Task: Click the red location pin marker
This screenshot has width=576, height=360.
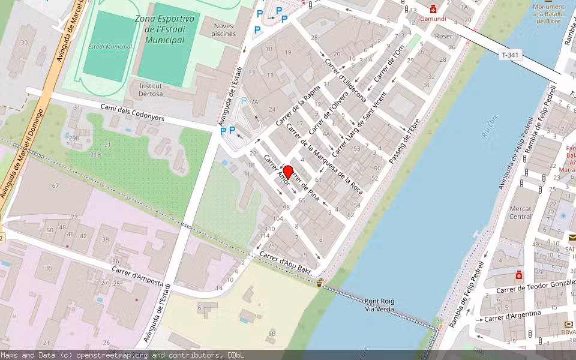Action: tap(287, 172)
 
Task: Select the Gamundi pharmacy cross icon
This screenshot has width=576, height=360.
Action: tap(433, 10)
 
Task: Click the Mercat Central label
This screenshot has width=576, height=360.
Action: tap(520, 212)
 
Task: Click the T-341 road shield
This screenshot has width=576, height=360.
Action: tap(509, 55)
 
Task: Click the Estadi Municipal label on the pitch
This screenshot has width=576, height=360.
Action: tap(110, 46)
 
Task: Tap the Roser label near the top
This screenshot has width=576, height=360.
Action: tap(443, 36)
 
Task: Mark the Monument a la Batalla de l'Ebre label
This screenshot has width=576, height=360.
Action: tap(549, 14)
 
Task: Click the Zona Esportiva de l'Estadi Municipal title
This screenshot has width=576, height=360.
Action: tap(165, 29)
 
